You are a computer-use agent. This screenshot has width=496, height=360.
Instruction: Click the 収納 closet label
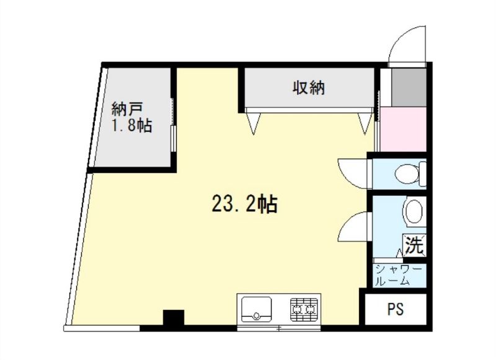coord(308,87)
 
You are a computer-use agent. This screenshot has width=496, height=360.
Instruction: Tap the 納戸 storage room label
coord(127,109)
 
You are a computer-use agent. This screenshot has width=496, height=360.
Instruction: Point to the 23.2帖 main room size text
coord(244,204)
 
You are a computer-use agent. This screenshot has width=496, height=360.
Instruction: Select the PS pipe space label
coord(396,309)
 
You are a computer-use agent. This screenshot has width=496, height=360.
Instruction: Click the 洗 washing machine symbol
coord(414,245)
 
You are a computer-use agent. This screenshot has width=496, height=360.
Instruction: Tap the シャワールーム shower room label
coord(398,276)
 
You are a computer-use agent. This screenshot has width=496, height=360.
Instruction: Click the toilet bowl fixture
coord(410,174)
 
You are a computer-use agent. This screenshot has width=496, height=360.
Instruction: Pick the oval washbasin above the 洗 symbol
coord(414,212)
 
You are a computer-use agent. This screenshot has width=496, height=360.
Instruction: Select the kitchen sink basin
coord(256,309)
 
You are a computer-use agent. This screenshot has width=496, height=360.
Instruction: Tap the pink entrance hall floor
coord(403,129)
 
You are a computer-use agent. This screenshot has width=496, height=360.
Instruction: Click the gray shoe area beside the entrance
coord(409,87)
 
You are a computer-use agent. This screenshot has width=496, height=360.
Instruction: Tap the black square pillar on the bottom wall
coord(174,318)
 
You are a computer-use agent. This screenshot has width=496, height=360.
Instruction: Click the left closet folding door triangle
coord(253,123)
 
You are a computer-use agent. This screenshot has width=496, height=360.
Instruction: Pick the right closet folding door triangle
coord(365,123)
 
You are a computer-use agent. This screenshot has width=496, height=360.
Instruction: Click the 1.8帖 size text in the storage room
coord(131,126)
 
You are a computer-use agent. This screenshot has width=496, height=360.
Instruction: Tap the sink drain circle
coord(256,315)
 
